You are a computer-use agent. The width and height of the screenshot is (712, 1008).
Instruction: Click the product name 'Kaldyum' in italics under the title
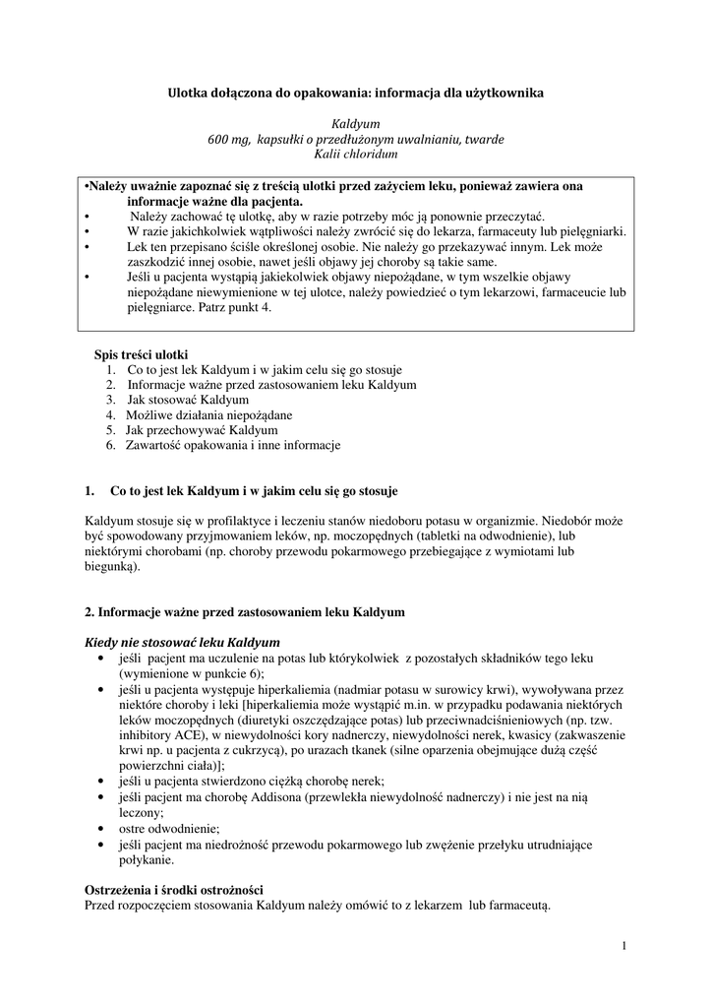[355, 124]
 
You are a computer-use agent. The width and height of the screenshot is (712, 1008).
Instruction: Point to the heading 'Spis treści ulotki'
[141, 354]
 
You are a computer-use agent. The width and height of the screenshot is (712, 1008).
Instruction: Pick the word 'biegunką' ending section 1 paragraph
[111, 566]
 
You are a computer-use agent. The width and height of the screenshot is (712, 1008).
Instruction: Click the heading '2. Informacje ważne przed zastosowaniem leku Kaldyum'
[245, 612]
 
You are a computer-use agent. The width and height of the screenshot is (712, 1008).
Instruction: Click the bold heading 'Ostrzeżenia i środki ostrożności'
[174, 889]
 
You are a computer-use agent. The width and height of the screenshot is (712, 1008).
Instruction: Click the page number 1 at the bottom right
[624, 947]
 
